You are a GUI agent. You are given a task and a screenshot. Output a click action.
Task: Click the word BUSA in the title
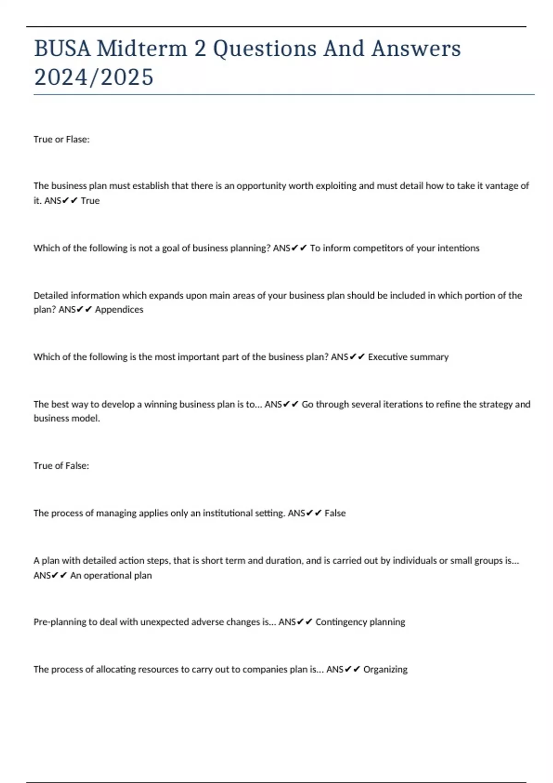pos(62,48)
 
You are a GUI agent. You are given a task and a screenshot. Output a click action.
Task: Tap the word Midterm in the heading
pos(141,48)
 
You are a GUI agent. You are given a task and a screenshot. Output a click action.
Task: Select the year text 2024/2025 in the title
pos(94,77)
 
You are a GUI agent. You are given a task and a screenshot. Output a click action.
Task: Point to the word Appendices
pos(119,310)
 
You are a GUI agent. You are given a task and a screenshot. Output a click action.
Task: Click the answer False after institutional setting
pos(335,513)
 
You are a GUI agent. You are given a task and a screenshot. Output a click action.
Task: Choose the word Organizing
pos(385,669)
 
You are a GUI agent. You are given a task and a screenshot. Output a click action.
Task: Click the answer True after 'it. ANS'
pos(90,201)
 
